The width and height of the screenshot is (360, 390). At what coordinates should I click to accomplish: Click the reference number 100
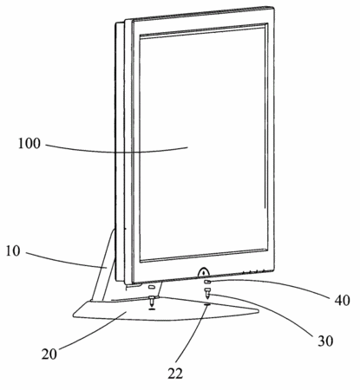click(x=29, y=144)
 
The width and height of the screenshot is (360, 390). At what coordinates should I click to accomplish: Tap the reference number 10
click(x=13, y=251)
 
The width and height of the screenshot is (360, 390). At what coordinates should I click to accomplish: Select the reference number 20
click(x=49, y=354)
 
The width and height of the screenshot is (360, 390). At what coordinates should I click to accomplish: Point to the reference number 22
click(x=175, y=374)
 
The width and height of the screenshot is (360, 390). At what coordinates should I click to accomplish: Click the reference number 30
click(x=325, y=341)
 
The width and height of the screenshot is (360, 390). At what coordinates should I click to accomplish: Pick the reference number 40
click(x=343, y=301)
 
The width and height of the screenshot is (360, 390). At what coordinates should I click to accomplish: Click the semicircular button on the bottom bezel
click(x=204, y=272)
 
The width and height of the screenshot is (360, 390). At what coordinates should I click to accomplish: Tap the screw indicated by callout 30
click(x=207, y=293)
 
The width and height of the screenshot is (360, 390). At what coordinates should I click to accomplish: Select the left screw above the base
click(x=152, y=301)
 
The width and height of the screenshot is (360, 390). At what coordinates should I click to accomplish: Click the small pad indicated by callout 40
click(x=207, y=282)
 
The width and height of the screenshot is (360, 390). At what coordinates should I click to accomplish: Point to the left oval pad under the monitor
click(x=152, y=287)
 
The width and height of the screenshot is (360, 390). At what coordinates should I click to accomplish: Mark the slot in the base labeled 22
click(x=207, y=304)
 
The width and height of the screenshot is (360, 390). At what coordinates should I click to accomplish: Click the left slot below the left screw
click(x=152, y=309)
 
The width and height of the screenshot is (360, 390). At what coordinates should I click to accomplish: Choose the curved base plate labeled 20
click(x=166, y=309)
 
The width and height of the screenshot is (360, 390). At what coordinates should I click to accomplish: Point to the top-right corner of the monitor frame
click(x=273, y=7)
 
